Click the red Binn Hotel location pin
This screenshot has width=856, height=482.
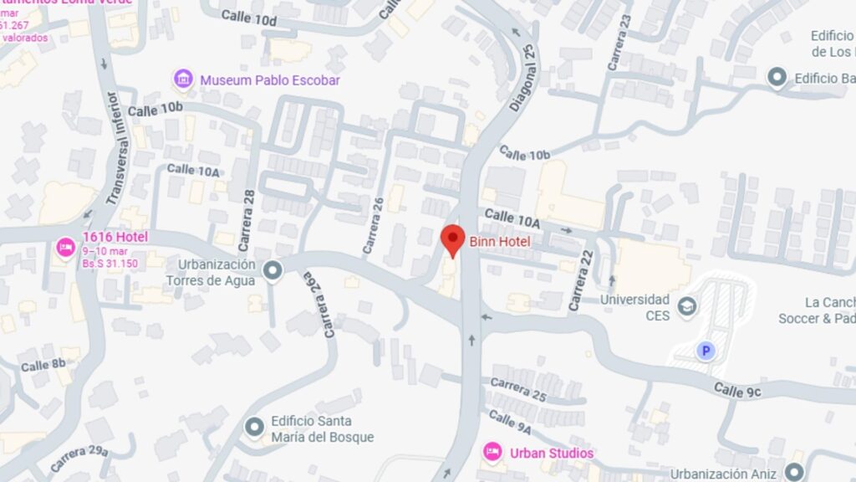coord(452,240)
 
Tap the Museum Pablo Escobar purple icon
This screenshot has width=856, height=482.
coord(183,80)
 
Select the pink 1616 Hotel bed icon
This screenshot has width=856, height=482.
coord(65,248)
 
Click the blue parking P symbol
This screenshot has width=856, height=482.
coord(706,351)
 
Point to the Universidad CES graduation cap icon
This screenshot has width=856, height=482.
coord(687,305)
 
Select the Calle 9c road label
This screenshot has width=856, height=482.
coord(736,390)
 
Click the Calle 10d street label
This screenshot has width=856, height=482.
coord(249,18)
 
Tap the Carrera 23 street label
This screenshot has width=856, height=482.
coord(619,42)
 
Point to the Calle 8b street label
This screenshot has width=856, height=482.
coord(43,365)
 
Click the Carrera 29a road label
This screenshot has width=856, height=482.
coord(79,458)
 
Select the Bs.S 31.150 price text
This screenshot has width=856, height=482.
coord(110,264)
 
